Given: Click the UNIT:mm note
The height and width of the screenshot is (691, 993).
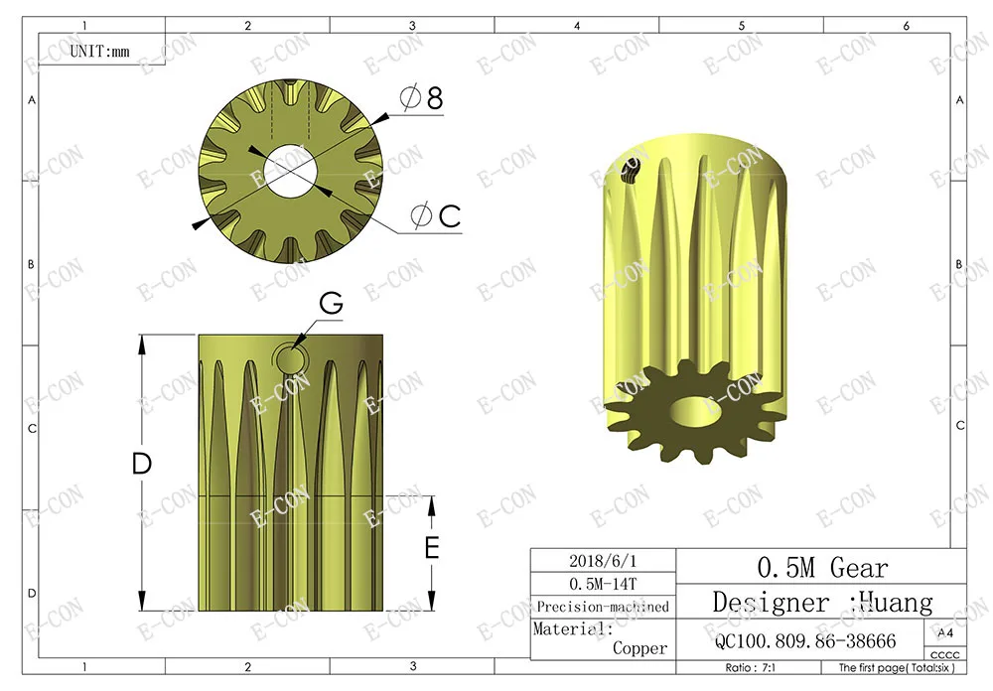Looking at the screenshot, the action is (99, 52).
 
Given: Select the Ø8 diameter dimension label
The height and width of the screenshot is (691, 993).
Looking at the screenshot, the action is (421, 97).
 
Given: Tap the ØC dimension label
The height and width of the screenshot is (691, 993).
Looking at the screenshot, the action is (435, 216).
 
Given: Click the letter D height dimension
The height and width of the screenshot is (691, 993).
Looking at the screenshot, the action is (142, 464).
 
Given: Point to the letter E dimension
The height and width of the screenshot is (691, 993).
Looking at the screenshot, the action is (432, 547).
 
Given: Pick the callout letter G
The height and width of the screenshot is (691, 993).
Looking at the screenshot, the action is (332, 304).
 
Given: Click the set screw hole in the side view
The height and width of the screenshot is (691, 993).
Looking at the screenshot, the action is (290, 360).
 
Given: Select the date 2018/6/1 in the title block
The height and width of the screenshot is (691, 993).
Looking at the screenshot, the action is (603, 561).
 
